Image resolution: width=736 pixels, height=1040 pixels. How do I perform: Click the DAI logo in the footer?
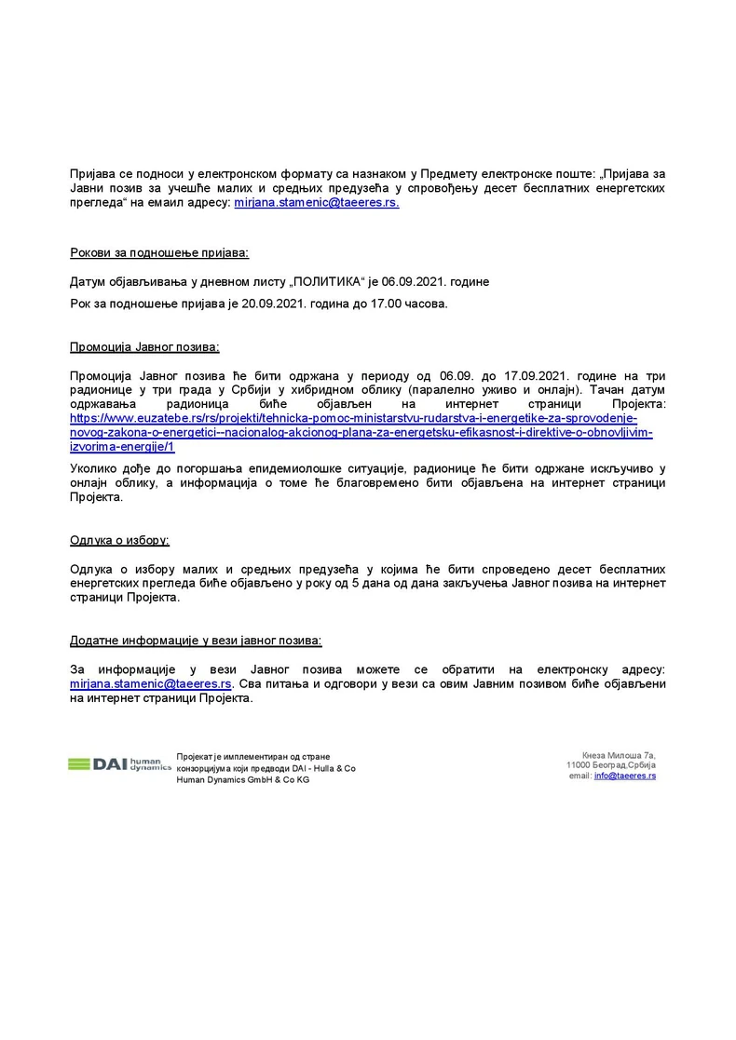click(x=118, y=764)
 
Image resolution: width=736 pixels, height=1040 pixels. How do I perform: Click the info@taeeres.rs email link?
click(x=624, y=776)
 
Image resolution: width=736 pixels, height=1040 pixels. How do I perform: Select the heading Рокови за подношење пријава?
click(x=159, y=253)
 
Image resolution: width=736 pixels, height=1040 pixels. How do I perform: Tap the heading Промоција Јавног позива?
click(x=144, y=347)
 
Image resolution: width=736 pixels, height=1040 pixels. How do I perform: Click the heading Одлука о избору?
click(x=119, y=540)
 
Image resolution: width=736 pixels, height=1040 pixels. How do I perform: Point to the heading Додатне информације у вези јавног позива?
click(x=196, y=641)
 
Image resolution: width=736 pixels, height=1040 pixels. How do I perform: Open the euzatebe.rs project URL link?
click(x=354, y=432)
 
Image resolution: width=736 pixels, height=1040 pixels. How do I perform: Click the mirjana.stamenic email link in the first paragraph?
click(x=316, y=202)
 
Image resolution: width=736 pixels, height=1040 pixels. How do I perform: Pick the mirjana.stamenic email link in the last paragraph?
click(x=151, y=683)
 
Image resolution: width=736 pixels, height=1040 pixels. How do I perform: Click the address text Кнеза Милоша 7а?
click(x=619, y=754)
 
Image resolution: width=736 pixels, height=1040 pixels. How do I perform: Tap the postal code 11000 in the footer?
click(x=580, y=765)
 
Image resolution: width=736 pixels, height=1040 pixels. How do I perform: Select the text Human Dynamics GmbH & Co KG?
click(x=243, y=780)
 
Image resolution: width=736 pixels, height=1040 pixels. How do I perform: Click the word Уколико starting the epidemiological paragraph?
click(x=96, y=469)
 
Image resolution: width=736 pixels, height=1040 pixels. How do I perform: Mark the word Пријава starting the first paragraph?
click(x=93, y=174)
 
